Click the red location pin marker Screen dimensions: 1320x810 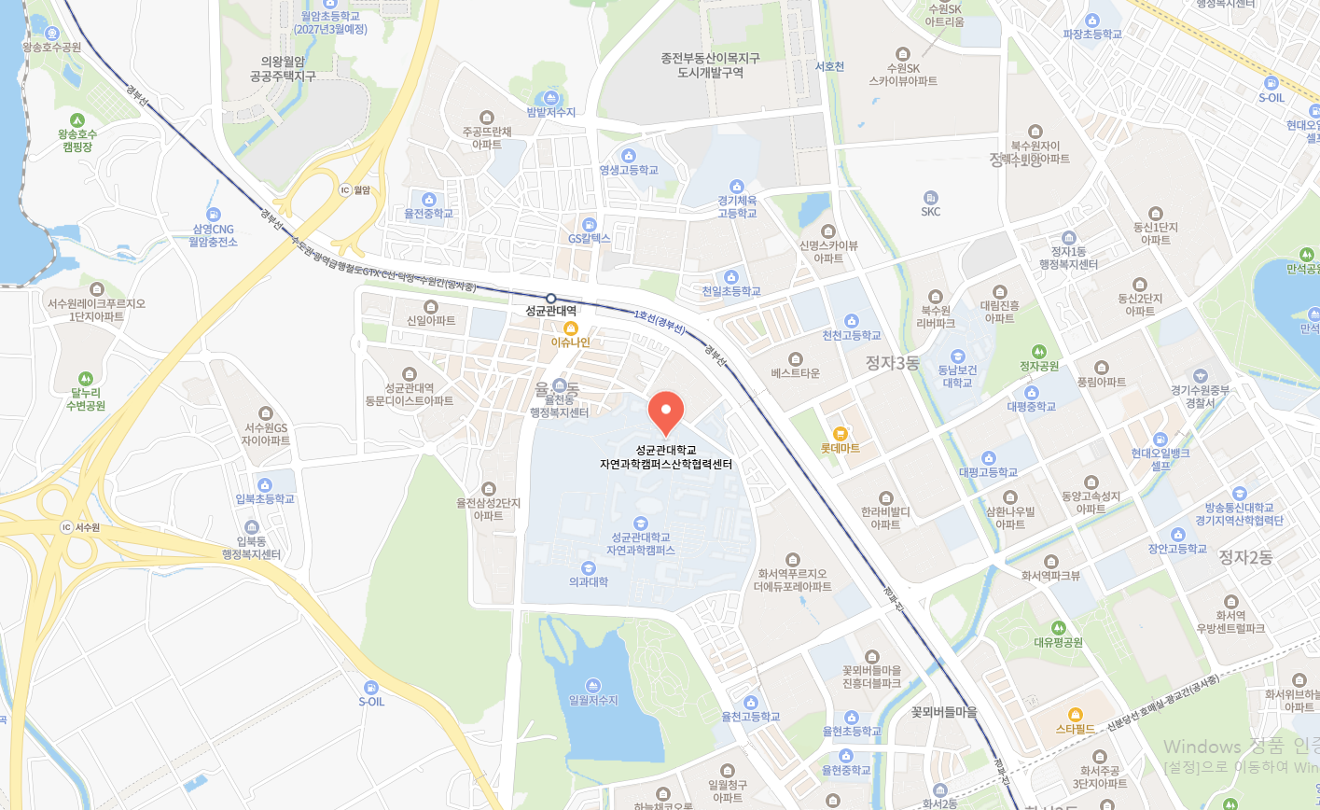pos(666,412)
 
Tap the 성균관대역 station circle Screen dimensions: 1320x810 pos(551,299)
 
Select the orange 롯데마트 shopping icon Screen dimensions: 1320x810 pos(840,433)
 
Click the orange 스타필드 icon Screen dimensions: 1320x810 pos(1075,714)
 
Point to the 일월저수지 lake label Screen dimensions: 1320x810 pos(593,700)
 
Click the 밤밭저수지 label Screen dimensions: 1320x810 pos(550,112)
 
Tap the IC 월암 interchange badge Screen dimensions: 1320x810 pos(344,190)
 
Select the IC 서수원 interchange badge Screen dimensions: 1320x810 pos(66,527)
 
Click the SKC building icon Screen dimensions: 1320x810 pos(930,197)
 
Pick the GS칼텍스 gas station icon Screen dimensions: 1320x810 pos(589,224)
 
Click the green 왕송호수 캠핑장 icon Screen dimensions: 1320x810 pos(77,119)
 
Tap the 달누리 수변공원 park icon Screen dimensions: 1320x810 pos(86,379)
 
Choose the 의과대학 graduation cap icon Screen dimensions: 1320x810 pos(588,567)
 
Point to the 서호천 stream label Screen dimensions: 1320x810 pos(829,66)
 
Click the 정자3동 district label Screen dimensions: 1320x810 pos(892,362)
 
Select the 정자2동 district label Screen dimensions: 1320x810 pos(1244,557)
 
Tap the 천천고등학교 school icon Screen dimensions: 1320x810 pos(851,321)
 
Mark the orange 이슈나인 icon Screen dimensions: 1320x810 pos(571,328)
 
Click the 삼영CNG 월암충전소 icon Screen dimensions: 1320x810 pos(214,215)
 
